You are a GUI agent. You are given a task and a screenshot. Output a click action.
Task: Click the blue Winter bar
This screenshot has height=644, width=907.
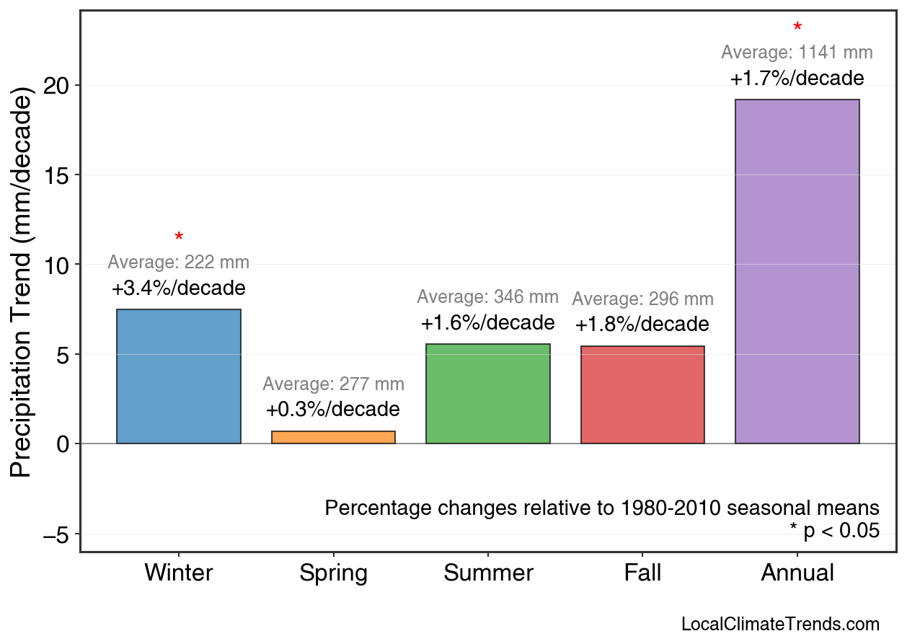179,376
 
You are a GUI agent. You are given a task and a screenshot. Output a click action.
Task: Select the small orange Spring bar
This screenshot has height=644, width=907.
333,437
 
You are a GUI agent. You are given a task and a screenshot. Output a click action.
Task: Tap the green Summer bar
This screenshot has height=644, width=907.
488,394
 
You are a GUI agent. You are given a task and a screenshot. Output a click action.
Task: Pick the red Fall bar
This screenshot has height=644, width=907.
642,395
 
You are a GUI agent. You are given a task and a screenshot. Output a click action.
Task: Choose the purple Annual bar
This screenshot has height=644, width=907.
797,271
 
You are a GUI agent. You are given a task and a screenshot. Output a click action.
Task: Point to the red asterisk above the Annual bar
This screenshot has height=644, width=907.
797,28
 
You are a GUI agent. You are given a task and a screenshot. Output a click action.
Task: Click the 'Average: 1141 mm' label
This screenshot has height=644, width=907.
797,53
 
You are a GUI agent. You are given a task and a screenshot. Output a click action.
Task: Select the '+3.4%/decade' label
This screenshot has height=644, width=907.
179,288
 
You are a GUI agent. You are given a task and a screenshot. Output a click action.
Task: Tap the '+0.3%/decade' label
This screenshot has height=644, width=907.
333,410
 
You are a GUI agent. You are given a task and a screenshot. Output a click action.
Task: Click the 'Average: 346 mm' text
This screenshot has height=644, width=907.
488,297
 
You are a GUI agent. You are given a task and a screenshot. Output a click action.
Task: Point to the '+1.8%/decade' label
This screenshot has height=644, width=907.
642,325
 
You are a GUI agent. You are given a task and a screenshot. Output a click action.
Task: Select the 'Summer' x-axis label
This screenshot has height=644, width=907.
488,573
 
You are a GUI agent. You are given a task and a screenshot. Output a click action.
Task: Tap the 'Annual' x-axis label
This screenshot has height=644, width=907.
797,573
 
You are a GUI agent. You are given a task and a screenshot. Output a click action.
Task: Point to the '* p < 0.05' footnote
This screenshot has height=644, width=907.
834,531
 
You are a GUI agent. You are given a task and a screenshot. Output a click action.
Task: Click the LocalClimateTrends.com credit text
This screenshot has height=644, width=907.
780,625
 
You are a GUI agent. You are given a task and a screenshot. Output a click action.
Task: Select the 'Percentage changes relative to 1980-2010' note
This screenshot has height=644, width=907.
602,508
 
